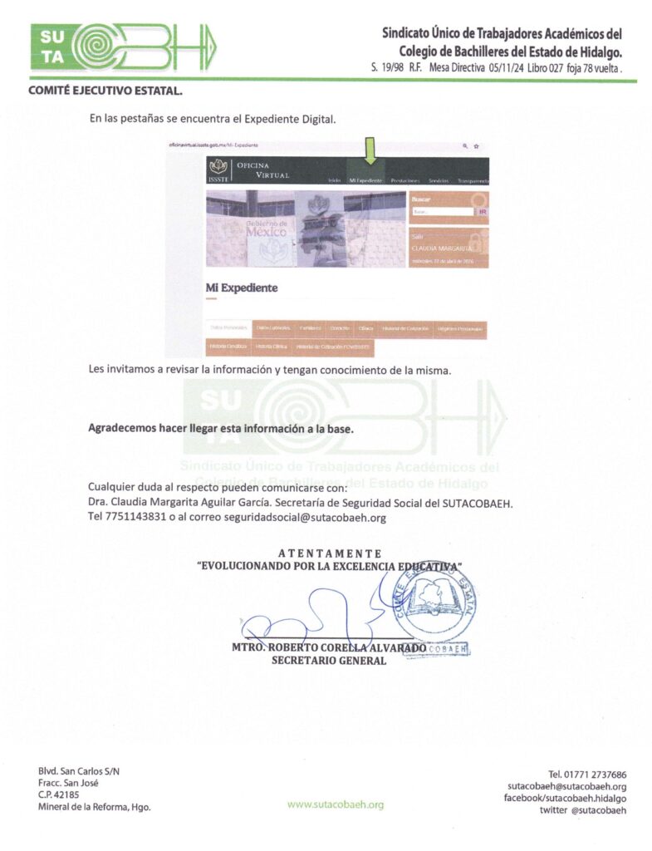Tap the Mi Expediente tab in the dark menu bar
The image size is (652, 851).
point(365,180)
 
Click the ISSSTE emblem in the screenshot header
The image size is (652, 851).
point(219,169)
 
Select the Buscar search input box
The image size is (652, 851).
point(442,212)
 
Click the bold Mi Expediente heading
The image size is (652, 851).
point(242,288)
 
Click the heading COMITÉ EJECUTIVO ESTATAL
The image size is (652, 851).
point(105,91)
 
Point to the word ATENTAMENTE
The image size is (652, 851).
point(329,553)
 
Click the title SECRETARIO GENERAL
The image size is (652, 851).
point(329,661)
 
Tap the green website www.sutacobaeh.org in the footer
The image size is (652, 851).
point(336,804)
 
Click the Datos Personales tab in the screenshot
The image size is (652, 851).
point(228,328)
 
